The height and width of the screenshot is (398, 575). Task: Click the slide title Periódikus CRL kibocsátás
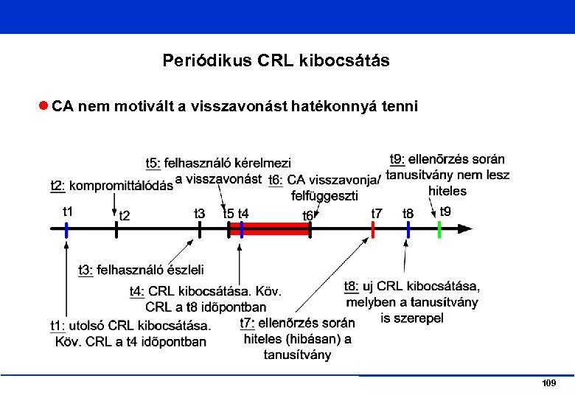276,60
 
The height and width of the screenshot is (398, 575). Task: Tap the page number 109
548,384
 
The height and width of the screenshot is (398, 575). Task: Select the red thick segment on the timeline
276,228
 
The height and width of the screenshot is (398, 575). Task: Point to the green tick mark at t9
439,228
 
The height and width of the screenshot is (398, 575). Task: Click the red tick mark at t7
373,228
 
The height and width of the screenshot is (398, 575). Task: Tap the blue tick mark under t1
66,229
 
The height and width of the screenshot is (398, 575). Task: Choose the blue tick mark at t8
408,228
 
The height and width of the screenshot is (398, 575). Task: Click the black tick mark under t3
200,228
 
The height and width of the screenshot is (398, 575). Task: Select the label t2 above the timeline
125,216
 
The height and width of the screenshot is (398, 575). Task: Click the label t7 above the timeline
377,214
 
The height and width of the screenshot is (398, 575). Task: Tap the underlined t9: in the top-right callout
397,159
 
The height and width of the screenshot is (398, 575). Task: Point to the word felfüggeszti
325,195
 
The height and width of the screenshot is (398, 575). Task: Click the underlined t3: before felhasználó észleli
86,270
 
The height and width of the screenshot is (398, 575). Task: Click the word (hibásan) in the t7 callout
313,339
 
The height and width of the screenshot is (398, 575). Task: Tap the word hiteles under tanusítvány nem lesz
447,191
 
